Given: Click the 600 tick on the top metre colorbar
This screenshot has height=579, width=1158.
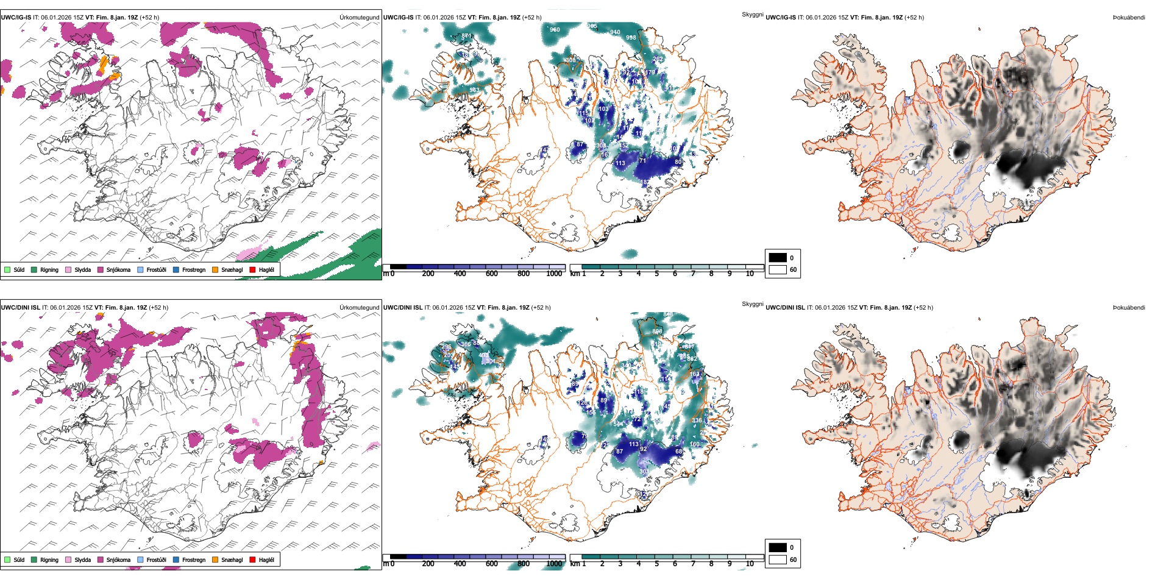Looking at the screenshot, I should [492, 274].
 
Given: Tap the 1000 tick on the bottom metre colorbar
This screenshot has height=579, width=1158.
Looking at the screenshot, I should [554, 564].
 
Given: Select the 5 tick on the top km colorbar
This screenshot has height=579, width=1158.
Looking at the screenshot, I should [657, 274].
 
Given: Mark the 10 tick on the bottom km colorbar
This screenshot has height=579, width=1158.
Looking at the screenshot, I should [750, 564].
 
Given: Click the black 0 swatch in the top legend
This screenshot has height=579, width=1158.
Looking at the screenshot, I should [778, 258].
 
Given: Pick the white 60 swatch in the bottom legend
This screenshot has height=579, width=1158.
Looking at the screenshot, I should [778, 559].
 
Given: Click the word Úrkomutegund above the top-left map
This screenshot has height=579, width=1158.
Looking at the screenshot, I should [359, 18].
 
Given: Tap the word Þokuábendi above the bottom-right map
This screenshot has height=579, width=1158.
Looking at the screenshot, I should [1129, 308].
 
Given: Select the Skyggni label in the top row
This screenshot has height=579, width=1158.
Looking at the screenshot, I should [752, 15].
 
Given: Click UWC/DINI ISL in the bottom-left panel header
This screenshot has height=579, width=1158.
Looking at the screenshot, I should [20, 308].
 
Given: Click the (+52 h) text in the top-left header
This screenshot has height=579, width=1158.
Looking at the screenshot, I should [149, 18].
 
